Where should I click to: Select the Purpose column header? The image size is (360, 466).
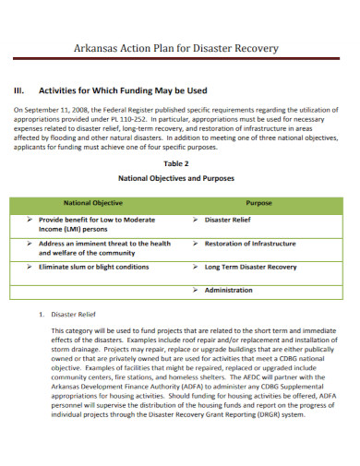pos(259,202)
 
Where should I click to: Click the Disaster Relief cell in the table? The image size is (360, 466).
pos(227,221)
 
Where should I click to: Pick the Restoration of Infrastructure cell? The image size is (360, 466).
pos(250,244)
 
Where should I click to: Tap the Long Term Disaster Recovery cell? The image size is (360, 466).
pos(251,267)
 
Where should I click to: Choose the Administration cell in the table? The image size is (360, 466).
pos(229,290)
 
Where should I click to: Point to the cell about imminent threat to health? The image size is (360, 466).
pos(103,248)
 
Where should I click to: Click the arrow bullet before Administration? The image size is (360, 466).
pos(196,290)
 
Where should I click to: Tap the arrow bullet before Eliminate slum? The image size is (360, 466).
pos(30,267)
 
